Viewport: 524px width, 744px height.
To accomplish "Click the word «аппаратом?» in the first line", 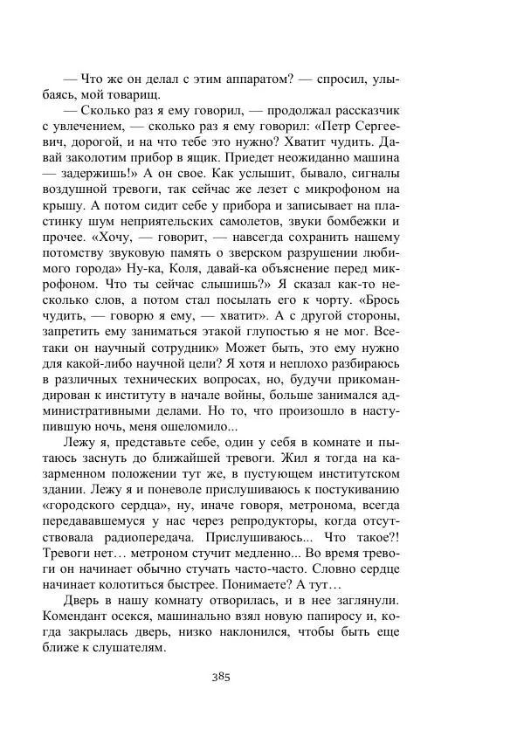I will tap(253, 79).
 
